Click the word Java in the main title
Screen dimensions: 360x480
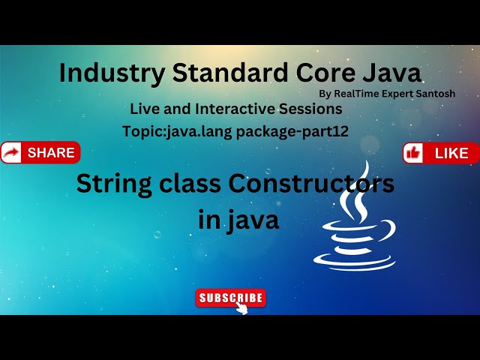[388, 73]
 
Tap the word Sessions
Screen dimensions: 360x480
[313, 109]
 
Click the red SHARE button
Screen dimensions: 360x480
[40, 153]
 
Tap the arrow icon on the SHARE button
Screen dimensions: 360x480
[11, 153]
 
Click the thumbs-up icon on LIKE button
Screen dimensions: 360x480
[413, 153]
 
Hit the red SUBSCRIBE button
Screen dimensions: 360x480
[231, 298]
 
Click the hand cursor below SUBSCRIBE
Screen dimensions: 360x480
[241, 308]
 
